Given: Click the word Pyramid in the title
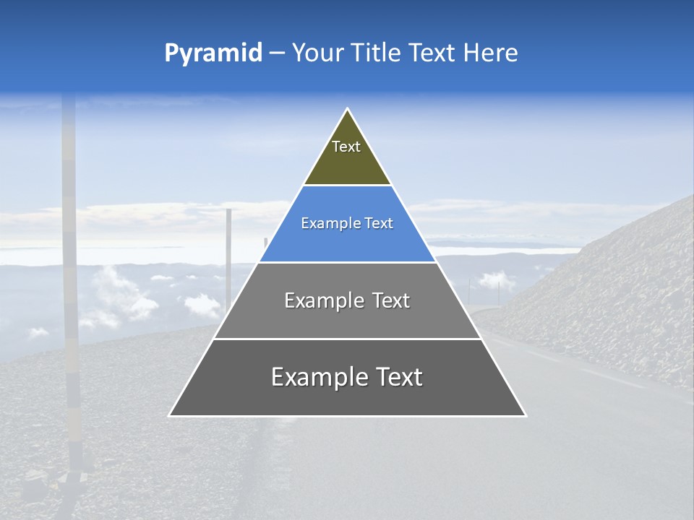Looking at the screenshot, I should (x=213, y=53).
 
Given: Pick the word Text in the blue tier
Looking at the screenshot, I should (x=380, y=224).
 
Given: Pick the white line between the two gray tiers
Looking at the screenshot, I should (x=347, y=339).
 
